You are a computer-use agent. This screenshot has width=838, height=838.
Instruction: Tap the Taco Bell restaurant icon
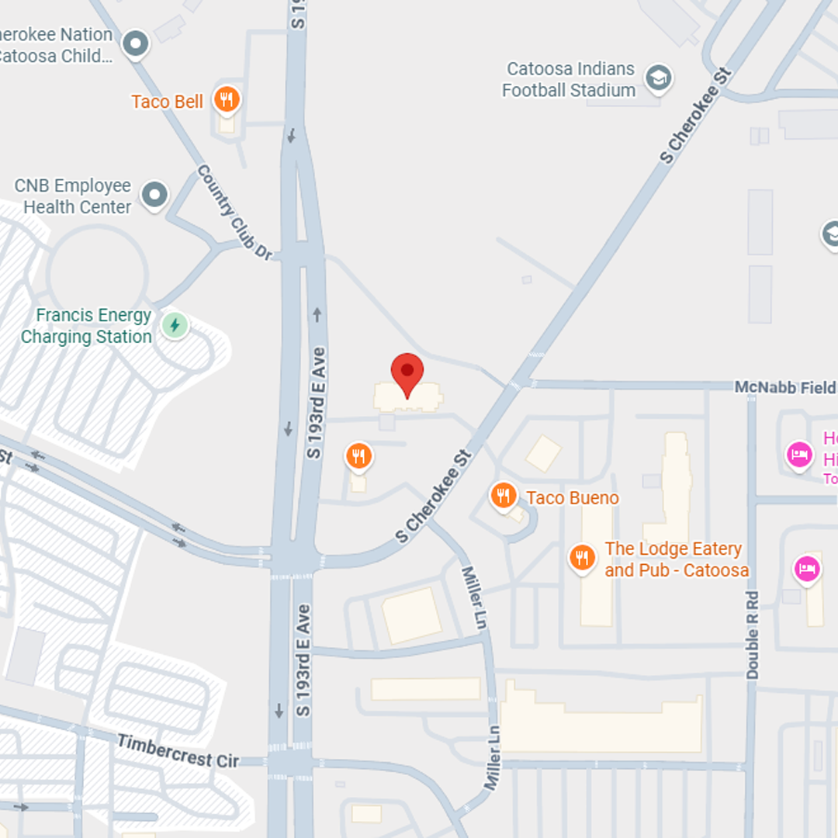(x=226, y=99)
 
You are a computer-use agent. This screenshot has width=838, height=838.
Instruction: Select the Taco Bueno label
(x=573, y=498)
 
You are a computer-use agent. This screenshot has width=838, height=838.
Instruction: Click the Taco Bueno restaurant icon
(x=504, y=494)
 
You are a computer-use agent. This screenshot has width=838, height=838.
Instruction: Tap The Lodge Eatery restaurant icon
(x=582, y=557)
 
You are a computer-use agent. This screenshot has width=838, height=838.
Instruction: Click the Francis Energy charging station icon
(x=175, y=325)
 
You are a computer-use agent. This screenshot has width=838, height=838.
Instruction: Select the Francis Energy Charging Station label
(x=86, y=326)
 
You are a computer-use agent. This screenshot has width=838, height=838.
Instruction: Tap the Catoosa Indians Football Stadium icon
(x=659, y=77)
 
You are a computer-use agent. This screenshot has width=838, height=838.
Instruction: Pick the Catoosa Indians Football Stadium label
(x=570, y=80)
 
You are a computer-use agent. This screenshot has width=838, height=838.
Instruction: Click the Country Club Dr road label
(x=235, y=212)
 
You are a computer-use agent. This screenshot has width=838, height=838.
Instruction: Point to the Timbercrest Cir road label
(x=178, y=751)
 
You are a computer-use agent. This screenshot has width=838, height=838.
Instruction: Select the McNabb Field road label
(x=784, y=386)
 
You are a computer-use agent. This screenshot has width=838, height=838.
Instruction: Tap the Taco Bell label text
(x=167, y=102)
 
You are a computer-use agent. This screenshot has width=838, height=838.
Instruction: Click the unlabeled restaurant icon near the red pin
(x=358, y=456)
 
